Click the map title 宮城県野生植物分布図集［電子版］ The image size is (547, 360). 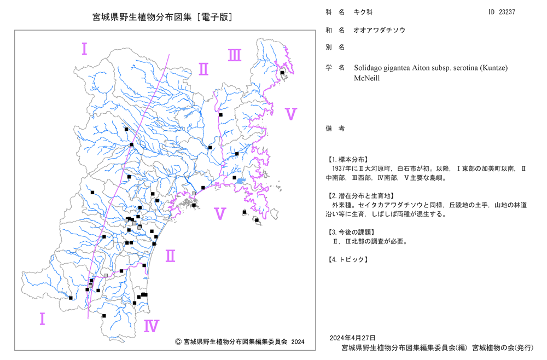162,17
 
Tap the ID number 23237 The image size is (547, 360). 507,12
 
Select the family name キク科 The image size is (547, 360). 363,12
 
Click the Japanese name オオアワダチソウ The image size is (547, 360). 379,30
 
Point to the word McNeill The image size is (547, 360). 366,78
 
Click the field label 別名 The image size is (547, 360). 335,48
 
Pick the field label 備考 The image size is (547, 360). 335,129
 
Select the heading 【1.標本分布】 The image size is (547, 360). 347,160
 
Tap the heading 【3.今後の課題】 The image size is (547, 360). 351,233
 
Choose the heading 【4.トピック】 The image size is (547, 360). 347,259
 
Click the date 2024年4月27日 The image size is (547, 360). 352,338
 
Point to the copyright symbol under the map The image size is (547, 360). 178,342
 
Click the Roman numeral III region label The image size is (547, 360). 235,55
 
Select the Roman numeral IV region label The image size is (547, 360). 152,326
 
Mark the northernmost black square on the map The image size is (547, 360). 282,73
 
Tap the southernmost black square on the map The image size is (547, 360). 104,316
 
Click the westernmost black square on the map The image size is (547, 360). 71,298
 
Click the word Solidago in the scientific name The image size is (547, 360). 368,68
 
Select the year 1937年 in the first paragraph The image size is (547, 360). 341,169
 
